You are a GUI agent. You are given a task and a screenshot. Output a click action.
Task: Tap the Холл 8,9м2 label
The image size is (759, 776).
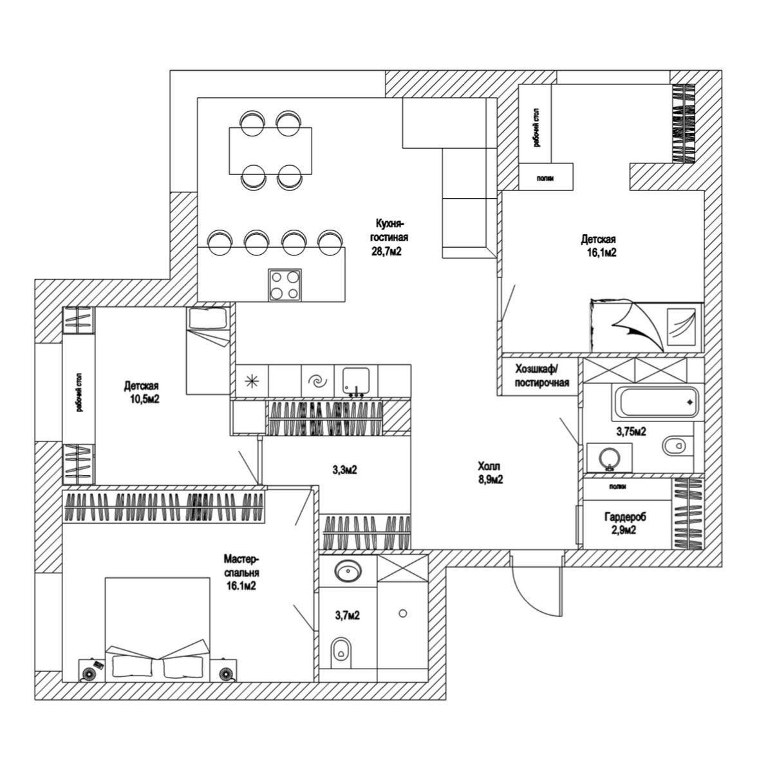click(x=489, y=472)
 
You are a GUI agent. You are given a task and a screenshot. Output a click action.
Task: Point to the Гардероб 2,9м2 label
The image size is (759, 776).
click(x=624, y=523)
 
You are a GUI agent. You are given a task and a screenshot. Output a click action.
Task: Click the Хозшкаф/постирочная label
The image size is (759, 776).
click(x=541, y=376)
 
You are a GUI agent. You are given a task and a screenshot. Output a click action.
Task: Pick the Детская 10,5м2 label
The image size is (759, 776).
click(x=142, y=393)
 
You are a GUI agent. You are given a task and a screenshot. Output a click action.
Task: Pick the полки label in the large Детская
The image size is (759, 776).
click(x=545, y=180)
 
